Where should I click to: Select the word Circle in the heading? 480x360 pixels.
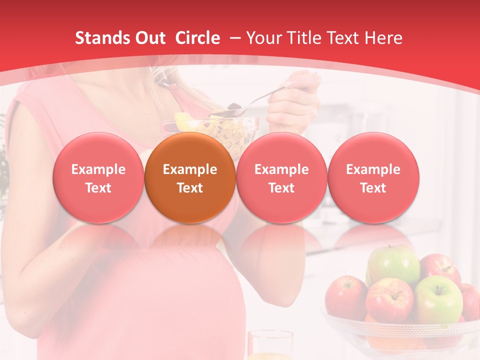coord(197,38)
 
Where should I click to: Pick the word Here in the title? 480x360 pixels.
coord(383,38)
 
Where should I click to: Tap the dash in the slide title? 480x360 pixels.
coord(235,38)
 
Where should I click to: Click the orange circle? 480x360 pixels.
coord(190,177)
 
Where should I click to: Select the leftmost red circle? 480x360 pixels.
coord(98,177)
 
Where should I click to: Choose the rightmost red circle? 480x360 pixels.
coord(373,177)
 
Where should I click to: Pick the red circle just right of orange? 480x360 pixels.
coord(281,177)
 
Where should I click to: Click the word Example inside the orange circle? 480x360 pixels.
coord(190,169)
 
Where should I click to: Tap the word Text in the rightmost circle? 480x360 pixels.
coord(373,188)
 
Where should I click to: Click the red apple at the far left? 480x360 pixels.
coord(345,297)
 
